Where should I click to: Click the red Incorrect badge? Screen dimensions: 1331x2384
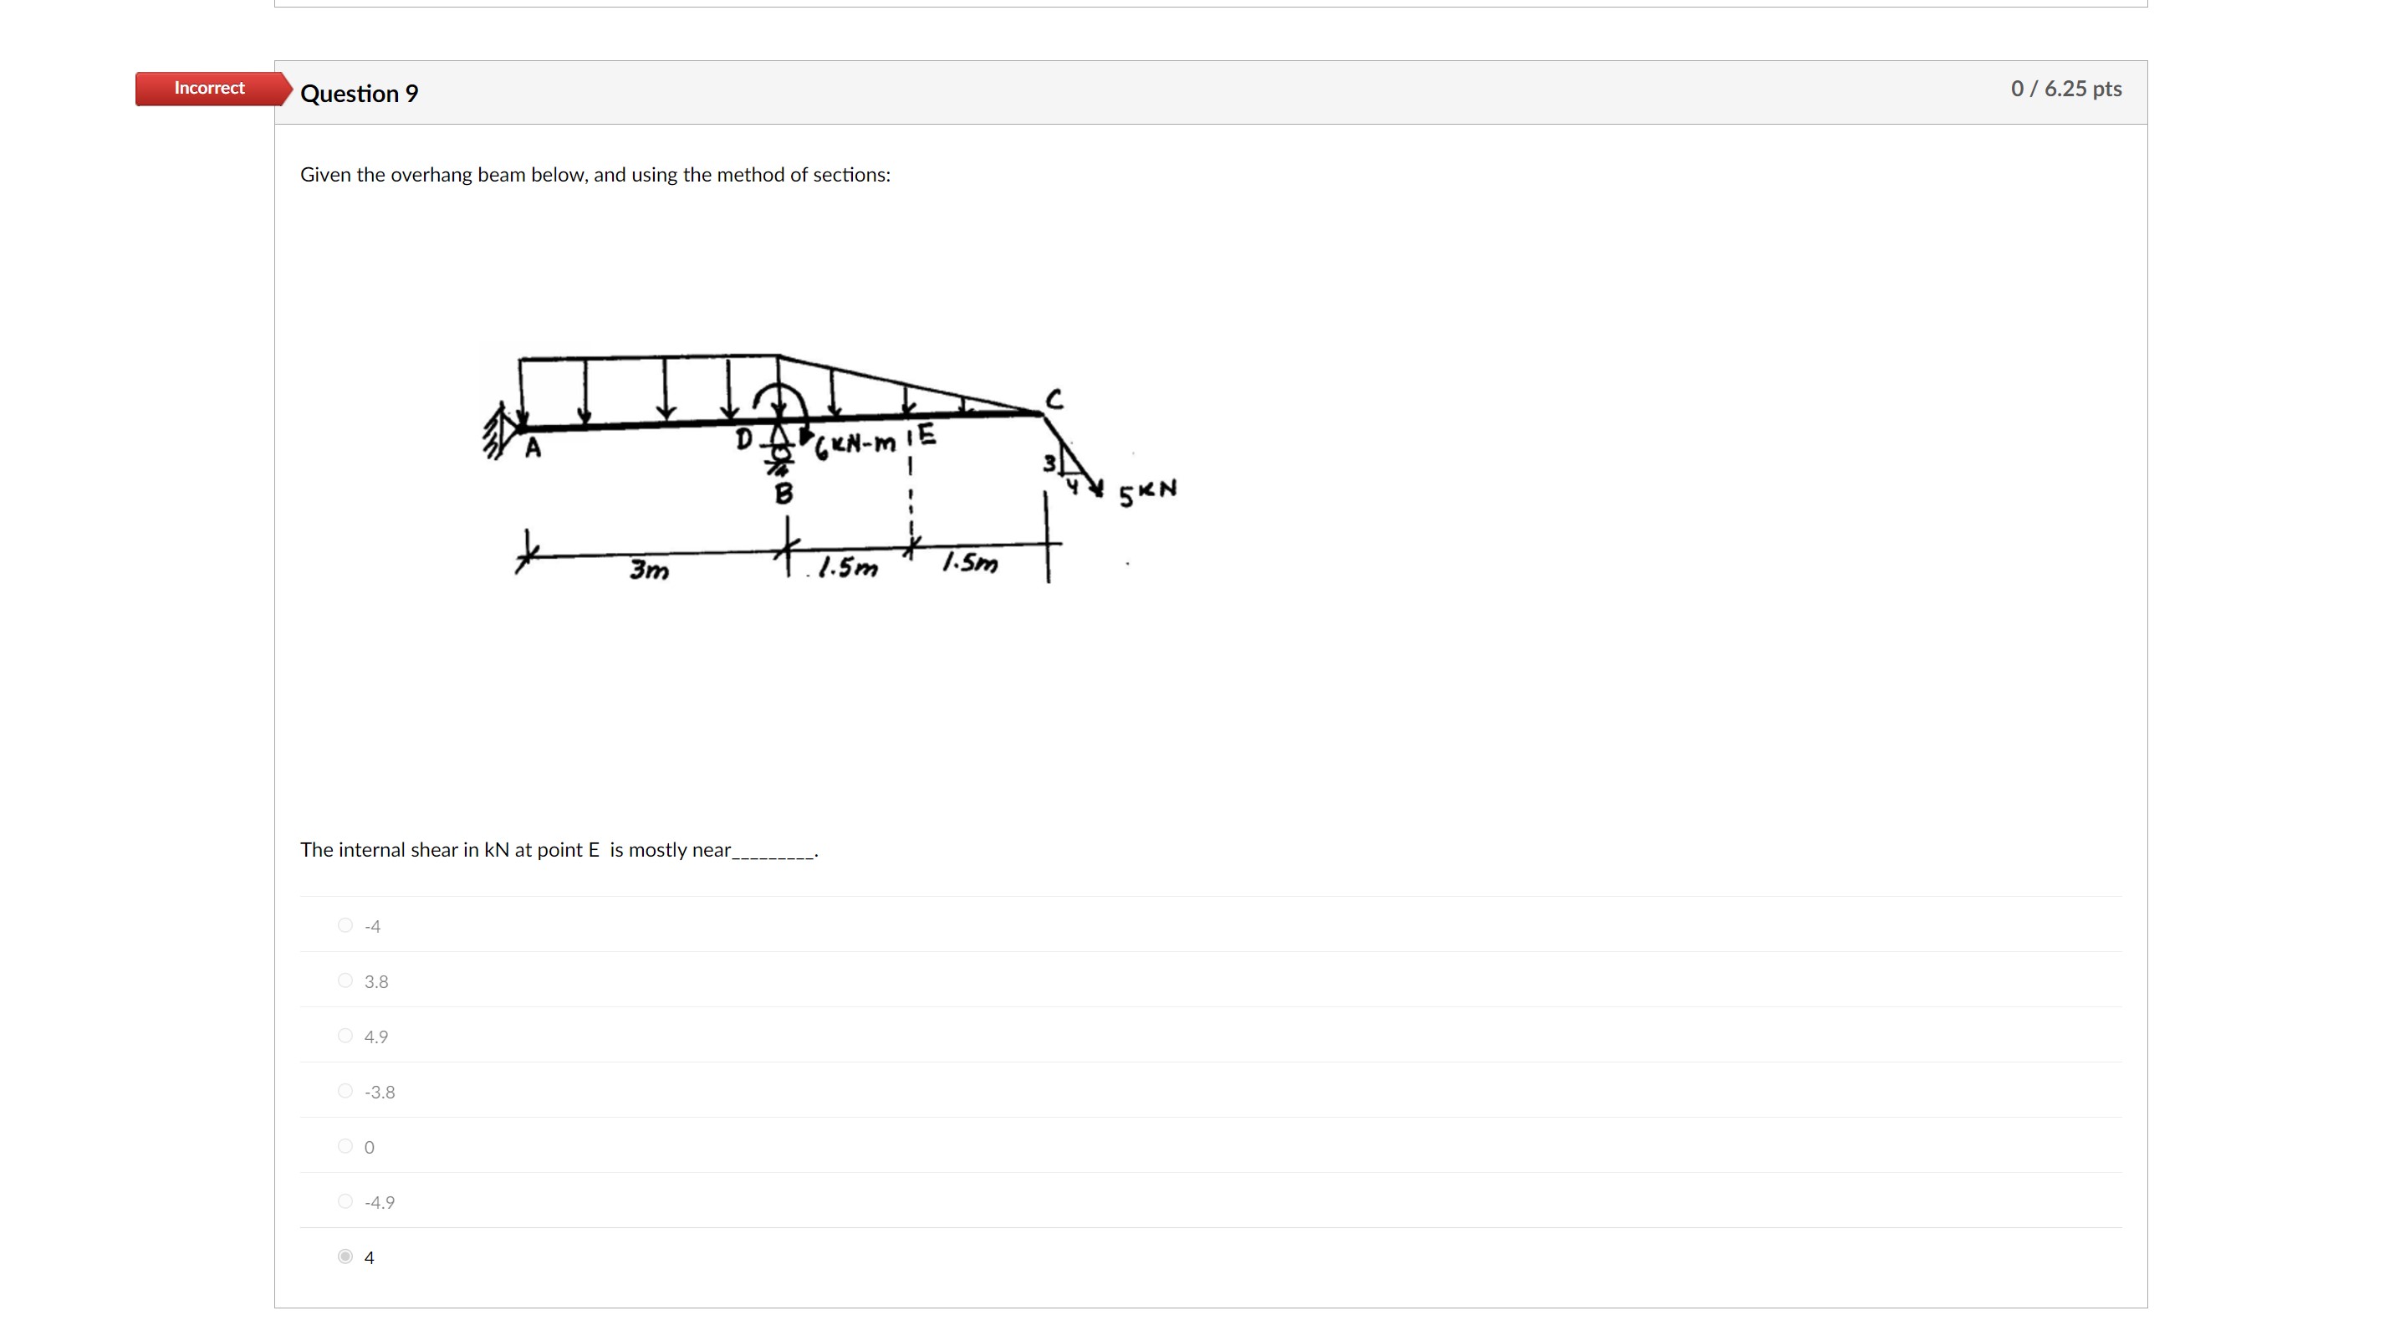(x=209, y=88)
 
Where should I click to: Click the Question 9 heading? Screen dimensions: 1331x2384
(x=359, y=94)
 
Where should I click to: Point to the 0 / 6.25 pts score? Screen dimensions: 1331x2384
(x=2065, y=89)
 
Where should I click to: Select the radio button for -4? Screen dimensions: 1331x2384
(x=345, y=925)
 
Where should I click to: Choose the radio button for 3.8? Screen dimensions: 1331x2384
(x=345, y=981)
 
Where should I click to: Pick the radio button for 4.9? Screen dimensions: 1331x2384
(x=345, y=1036)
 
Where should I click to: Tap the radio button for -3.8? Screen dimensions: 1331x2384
(x=345, y=1091)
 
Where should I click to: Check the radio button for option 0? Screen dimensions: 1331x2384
(x=345, y=1147)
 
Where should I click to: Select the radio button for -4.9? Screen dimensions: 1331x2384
(x=345, y=1201)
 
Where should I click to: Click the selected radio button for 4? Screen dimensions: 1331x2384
(x=345, y=1257)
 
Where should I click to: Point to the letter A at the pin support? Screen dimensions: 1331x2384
(x=533, y=449)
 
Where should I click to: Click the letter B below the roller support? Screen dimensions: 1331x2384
(x=784, y=494)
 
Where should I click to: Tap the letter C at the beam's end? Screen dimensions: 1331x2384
(x=1054, y=400)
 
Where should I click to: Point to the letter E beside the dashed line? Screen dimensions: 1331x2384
(x=927, y=435)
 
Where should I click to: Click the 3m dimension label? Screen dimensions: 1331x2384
(x=649, y=569)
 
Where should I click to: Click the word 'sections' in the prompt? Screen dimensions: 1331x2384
(x=850, y=175)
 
